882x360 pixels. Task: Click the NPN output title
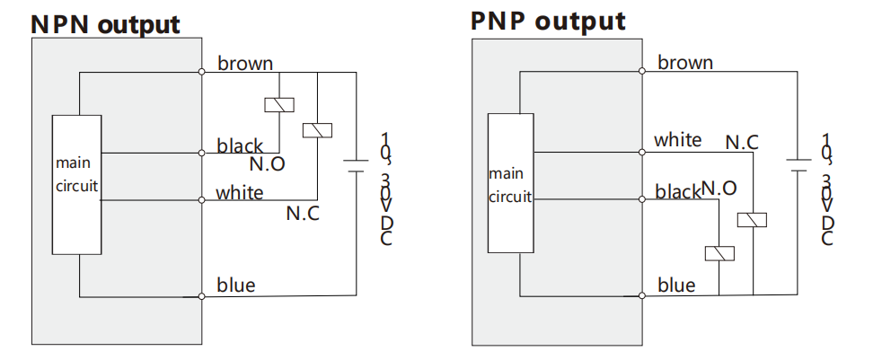[105, 24]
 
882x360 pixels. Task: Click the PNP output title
[548, 22]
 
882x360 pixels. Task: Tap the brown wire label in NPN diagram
[245, 63]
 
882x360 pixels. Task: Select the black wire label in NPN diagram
[240, 146]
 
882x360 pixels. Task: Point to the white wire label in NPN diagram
[240, 192]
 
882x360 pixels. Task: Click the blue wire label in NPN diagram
[236, 285]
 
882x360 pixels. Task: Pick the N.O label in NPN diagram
[267, 164]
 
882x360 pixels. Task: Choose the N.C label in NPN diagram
[303, 213]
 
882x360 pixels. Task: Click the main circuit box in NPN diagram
[77, 185]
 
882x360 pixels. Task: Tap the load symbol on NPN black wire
[279, 105]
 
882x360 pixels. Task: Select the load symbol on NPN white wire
[317, 130]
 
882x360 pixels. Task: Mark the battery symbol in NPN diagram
[356, 165]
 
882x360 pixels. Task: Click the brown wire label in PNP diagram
[685, 62]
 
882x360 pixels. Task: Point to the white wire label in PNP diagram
[678, 139]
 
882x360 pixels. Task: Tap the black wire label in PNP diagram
[678, 192]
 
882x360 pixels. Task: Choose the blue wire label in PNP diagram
[676, 285]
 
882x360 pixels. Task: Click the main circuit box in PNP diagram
[511, 183]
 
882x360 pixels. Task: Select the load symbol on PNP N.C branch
[752, 219]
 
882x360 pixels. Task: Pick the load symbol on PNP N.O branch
[719, 253]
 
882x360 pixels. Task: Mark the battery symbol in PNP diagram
[798, 165]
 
